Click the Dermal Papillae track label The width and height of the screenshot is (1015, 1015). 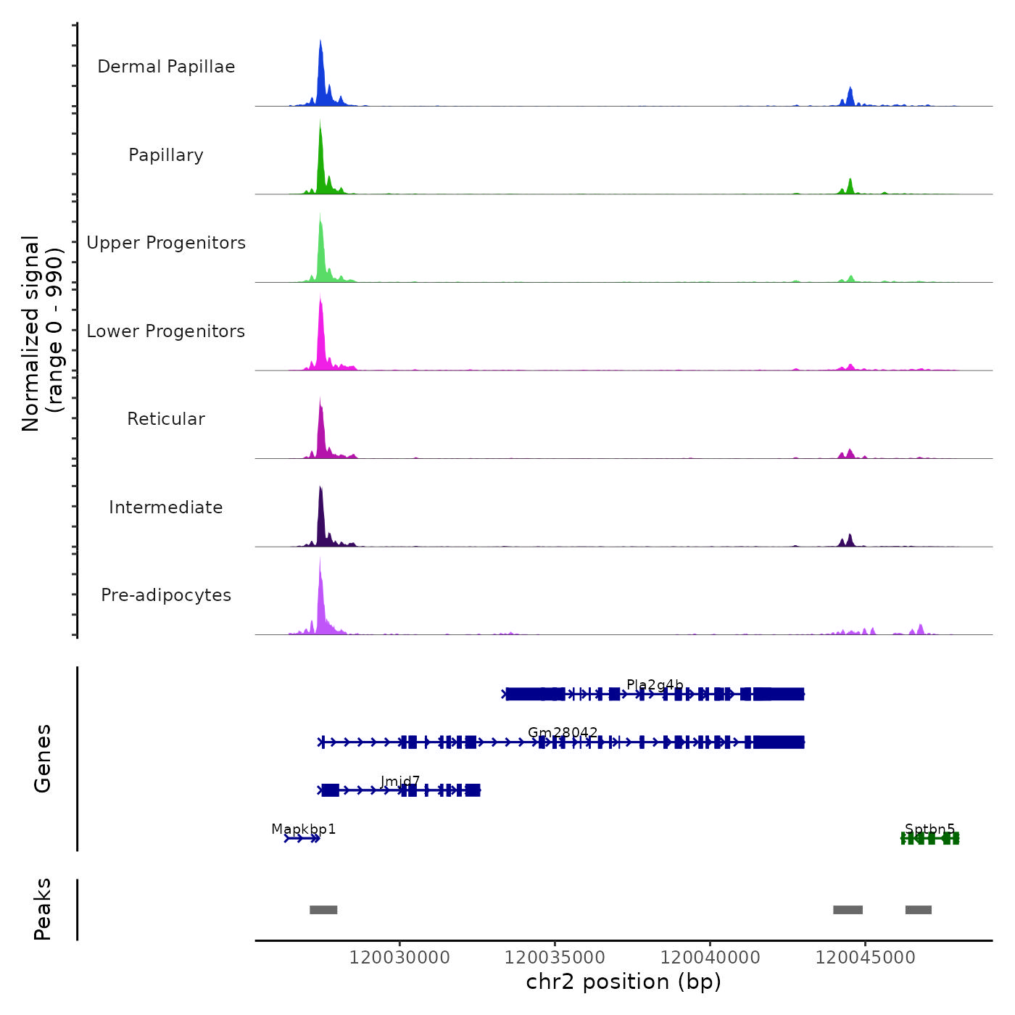point(166,67)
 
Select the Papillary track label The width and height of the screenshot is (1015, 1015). point(166,155)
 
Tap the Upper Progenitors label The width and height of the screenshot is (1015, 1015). point(166,243)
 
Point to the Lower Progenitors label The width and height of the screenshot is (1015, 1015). point(166,331)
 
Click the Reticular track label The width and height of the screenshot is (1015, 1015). point(166,419)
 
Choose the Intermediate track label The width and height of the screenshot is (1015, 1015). point(166,507)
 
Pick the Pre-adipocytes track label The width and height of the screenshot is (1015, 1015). point(166,595)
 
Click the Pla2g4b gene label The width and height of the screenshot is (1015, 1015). point(655,685)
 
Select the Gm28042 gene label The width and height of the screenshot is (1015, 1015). point(563,732)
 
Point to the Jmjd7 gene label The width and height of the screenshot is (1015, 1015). point(400,781)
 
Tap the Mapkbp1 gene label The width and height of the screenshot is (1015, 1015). point(303,829)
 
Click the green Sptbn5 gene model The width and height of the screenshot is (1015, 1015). point(930,839)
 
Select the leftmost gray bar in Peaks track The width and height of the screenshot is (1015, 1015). point(323,910)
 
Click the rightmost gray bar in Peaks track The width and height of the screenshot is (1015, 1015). point(919,910)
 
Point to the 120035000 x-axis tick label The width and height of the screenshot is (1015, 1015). point(555,958)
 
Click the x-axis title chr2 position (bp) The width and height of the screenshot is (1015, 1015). point(623,982)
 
